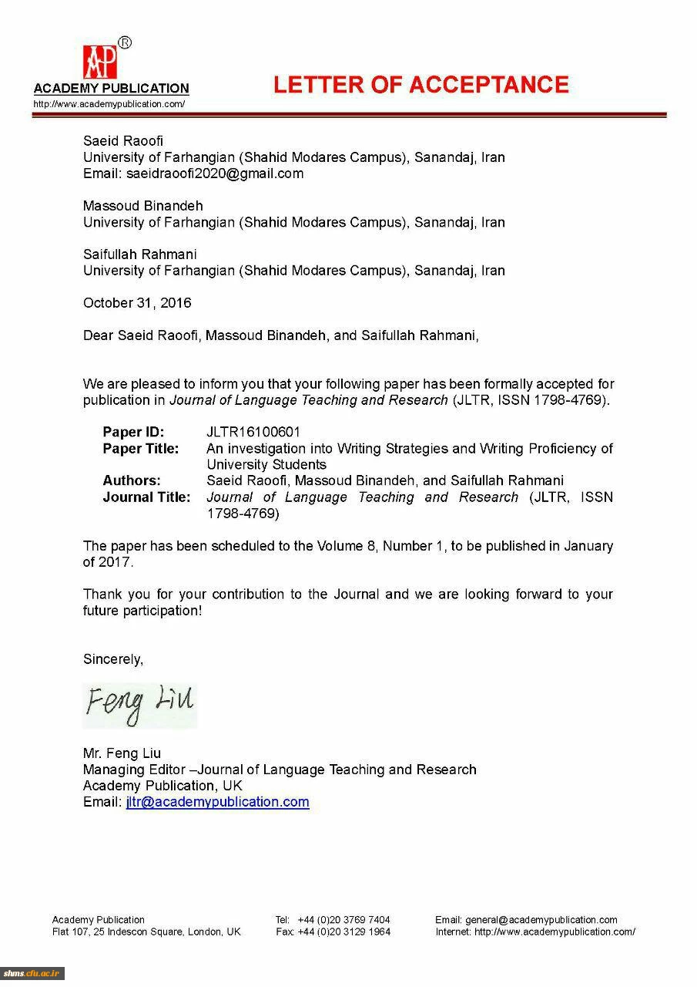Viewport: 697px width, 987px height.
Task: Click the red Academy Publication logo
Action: click(100, 62)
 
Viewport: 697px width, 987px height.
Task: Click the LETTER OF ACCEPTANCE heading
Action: click(421, 85)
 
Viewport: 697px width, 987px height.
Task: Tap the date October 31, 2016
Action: click(137, 303)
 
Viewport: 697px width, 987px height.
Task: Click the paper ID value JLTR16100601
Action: click(253, 432)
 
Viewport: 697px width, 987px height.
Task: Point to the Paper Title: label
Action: click(141, 448)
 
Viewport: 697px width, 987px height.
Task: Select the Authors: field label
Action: click(132, 480)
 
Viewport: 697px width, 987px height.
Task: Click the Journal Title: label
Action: click(146, 497)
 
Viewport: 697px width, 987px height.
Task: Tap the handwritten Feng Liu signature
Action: click(139, 705)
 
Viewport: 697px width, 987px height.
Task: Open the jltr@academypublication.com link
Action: click(218, 802)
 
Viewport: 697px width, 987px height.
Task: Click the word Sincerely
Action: click(113, 659)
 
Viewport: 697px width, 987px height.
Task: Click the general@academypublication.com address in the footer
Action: click(541, 920)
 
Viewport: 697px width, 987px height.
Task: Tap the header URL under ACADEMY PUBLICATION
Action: click(109, 104)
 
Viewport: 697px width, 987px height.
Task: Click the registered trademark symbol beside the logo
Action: click(125, 43)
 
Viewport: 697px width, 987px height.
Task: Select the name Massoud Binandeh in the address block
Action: click(143, 206)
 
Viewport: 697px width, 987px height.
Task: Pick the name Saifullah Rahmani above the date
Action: click(140, 254)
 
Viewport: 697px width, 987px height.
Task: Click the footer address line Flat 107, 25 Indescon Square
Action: click(146, 931)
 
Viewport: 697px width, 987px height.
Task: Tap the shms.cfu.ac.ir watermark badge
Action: click(32, 973)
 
